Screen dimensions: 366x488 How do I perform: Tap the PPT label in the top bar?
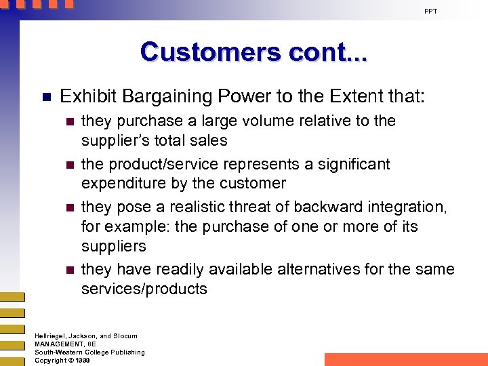click(x=431, y=11)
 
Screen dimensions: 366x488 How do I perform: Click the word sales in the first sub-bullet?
click(x=209, y=140)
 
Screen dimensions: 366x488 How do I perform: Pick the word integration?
click(x=407, y=207)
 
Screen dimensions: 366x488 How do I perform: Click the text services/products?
click(x=144, y=289)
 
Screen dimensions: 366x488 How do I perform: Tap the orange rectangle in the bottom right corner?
click(x=405, y=359)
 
